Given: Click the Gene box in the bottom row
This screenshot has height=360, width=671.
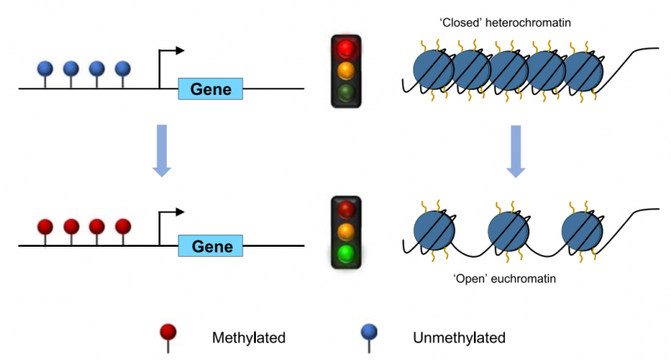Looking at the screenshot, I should point(211,247).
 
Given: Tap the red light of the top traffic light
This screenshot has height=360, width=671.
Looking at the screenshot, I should point(345,48).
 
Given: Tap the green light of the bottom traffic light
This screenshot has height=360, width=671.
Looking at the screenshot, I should point(345,253).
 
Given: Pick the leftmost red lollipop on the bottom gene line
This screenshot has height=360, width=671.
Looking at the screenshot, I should point(47,227).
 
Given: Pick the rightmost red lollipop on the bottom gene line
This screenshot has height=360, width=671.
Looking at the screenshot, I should point(122,227).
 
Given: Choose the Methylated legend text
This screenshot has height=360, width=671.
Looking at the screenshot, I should point(249,338).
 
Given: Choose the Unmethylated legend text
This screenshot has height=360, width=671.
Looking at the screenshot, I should point(459,338).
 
